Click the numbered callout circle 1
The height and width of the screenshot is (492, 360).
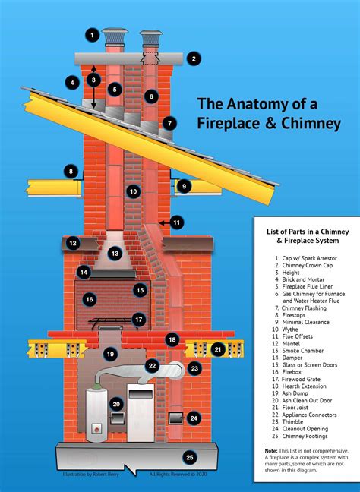[x=92, y=35]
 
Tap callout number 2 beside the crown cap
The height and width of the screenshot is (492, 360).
[x=194, y=58]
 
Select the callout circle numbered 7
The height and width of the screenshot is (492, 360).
[x=169, y=122]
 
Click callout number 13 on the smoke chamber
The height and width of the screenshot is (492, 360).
[x=114, y=254]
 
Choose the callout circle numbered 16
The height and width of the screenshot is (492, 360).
[x=89, y=299]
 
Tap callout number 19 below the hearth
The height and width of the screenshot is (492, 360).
[x=110, y=354]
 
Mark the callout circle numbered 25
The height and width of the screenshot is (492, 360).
[x=189, y=457]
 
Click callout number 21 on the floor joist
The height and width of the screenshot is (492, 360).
[x=218, y=349]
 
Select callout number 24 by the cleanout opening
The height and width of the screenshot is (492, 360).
[x=194, y=418]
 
